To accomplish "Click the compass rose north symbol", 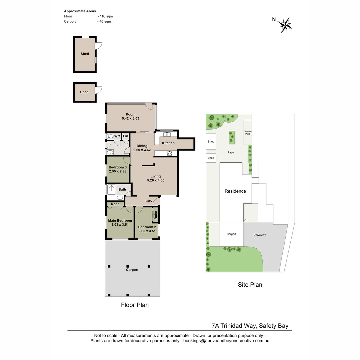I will point(285,25).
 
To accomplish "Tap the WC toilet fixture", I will point(111,136).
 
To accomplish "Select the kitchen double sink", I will point(167,134).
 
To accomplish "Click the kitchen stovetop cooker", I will point(169,153).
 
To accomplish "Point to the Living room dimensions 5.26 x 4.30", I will point(156,180).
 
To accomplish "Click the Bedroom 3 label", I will point(118,167).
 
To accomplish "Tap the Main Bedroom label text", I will point(120,220).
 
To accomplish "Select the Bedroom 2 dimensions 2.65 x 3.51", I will point(147,231).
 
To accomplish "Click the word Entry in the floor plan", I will point(149,201).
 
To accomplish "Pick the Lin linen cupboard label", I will point(125,136).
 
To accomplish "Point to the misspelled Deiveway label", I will point(259,235).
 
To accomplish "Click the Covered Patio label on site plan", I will point(247,133).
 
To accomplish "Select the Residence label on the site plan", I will point(235,191).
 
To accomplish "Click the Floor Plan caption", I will point(135,305).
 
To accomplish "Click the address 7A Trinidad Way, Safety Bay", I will point(250,326).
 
